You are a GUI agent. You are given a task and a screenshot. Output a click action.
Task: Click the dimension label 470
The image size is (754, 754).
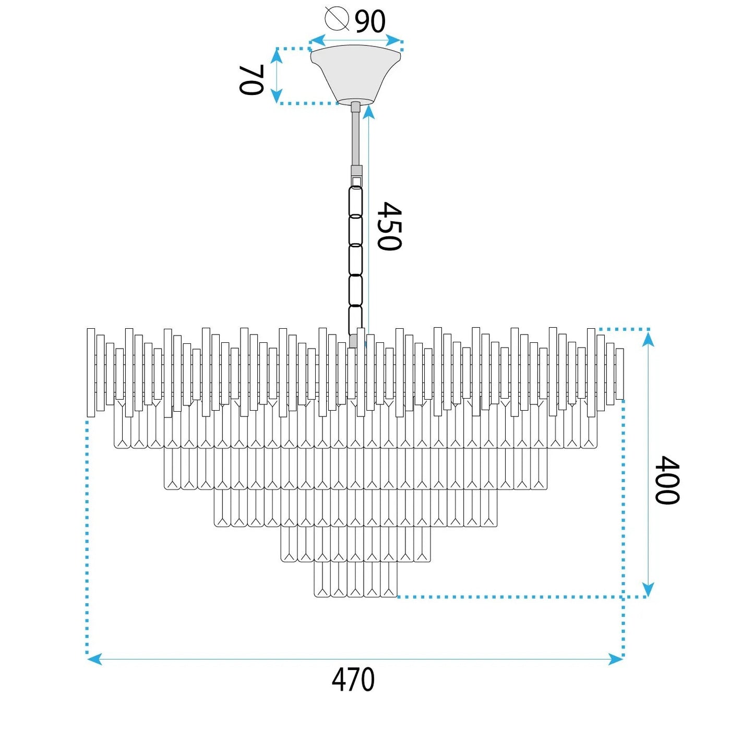[353, 680]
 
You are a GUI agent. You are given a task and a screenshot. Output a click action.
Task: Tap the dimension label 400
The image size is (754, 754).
[667, 480]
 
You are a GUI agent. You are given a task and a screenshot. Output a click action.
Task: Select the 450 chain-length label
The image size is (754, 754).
[389, 226]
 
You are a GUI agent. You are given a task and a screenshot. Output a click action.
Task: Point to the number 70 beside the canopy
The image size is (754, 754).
[250, 80]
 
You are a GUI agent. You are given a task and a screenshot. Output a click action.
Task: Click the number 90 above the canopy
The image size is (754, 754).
[370, 21]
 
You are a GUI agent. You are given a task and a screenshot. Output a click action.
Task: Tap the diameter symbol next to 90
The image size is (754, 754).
[337, 18]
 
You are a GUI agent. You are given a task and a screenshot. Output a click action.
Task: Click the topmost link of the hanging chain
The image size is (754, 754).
[355, 201]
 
